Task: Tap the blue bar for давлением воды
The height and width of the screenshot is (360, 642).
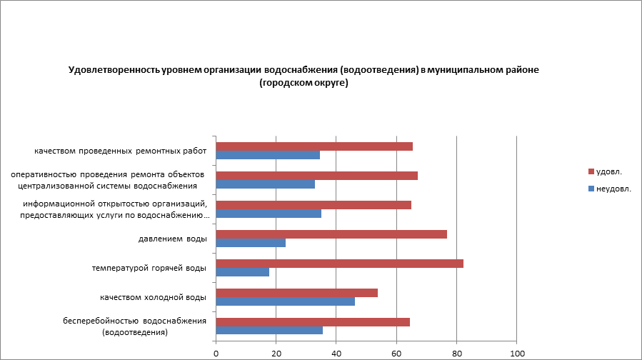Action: [251, 243]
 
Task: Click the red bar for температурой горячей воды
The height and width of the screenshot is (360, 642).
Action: [339, 263]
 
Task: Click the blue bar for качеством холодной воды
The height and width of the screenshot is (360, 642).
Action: [285, 301]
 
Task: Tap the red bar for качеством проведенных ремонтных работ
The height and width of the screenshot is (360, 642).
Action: [314, 146]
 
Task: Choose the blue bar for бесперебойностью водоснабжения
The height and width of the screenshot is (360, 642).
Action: [269, 330]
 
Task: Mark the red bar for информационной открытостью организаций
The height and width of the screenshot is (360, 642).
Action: [314, 205]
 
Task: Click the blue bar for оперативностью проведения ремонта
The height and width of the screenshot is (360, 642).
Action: [265, 184]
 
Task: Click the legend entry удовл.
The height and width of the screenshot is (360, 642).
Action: [608, 171]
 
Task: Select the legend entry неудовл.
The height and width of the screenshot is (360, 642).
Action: [613, 189]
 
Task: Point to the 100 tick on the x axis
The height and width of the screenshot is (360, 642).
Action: [517, 353]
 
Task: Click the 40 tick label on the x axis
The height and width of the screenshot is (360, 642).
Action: [336, 353]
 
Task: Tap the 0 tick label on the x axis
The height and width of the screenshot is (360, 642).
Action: [216, 353]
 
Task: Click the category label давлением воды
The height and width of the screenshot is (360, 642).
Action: [172, 239]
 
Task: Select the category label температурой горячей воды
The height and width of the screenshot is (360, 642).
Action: [149, 268]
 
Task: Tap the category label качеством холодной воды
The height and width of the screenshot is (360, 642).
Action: [154, 297]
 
